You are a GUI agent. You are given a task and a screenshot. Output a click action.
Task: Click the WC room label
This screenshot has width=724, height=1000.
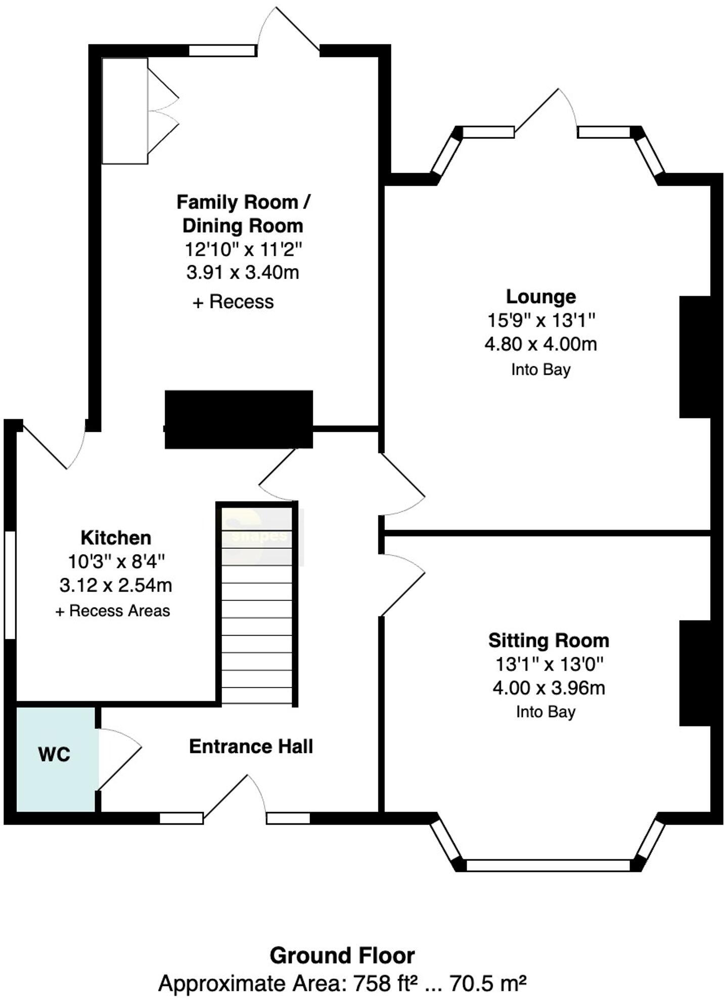54,755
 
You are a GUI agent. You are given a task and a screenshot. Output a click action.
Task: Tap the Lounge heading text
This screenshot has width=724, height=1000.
541,297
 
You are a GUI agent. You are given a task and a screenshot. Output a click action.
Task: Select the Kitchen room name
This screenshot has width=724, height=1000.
116,537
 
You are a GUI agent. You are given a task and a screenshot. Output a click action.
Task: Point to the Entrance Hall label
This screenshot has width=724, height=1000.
251,746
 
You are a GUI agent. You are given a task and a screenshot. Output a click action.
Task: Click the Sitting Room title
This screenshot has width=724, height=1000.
549,641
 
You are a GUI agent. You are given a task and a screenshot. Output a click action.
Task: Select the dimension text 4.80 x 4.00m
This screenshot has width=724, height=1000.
540,344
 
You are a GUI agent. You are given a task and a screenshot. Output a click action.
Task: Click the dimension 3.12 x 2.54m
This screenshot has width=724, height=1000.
116,586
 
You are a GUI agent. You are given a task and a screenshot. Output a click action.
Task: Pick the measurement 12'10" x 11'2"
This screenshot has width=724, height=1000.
243,249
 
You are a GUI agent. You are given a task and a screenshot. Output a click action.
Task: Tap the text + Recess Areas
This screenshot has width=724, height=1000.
112,611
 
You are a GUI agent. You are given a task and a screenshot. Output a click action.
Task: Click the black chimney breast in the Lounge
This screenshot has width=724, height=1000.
695,357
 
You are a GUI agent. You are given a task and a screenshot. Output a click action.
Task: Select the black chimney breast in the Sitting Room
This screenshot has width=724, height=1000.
695,673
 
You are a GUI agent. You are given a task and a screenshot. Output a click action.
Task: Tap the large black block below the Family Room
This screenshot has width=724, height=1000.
239,419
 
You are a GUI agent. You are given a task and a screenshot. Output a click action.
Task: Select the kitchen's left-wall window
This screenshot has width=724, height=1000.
10,585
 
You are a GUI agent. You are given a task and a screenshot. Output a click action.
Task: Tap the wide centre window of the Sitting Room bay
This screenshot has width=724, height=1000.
548,865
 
